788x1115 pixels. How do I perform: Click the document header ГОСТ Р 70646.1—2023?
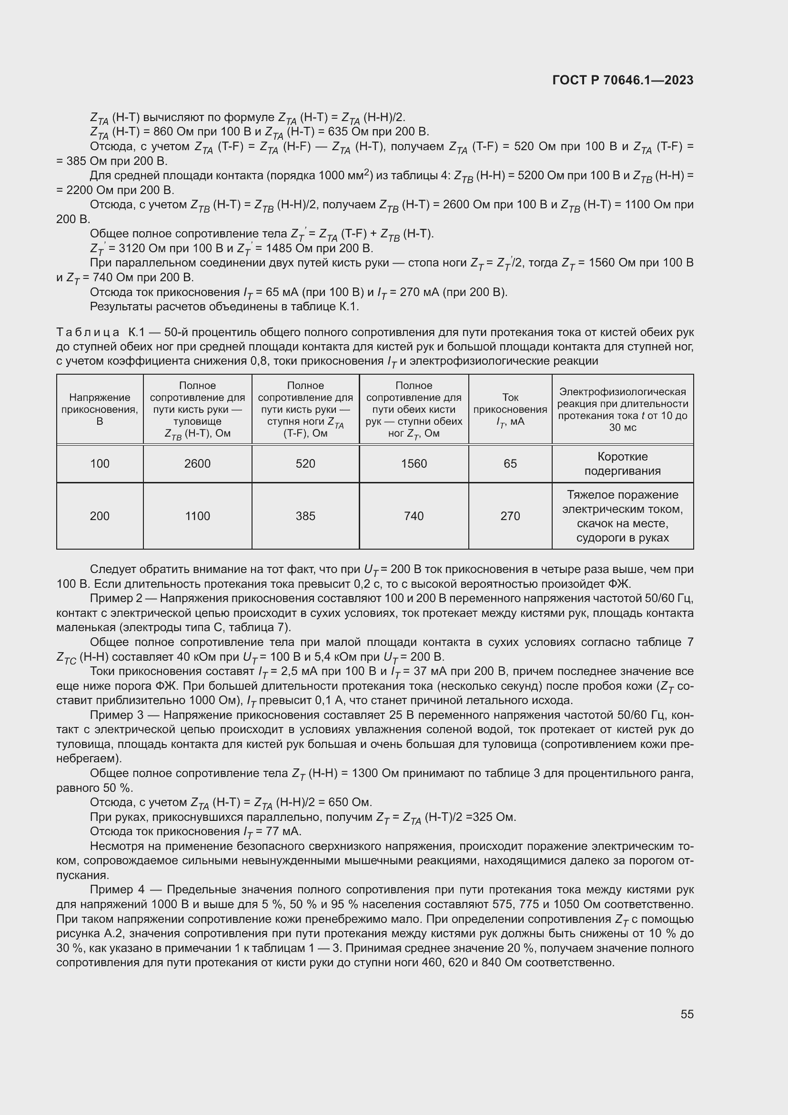[623, 80]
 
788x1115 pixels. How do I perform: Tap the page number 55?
[687, 1014]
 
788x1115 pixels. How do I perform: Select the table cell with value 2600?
[197, 464]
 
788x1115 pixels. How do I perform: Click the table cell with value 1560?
[414, 464]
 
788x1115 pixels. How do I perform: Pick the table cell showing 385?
[305, 516]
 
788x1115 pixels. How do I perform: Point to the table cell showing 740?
[414, 516]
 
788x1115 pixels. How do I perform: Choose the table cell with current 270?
[510, 516]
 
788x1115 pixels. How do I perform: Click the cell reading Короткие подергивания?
[622, 464]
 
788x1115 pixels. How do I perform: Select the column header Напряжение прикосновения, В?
[100, 409]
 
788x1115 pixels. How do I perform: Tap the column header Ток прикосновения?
[510, 409]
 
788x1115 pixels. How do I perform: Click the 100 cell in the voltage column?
[100, 464]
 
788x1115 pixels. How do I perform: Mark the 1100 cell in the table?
[197, 516]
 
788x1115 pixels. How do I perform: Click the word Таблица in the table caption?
[88, 333]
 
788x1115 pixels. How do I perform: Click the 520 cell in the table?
[305, 464]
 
